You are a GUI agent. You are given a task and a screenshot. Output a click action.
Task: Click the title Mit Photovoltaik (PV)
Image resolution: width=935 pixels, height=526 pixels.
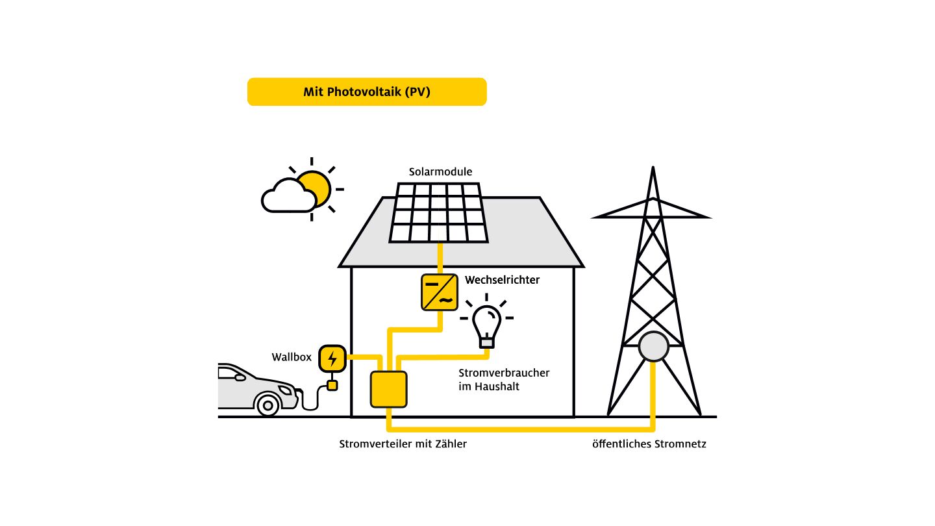coord(367,92)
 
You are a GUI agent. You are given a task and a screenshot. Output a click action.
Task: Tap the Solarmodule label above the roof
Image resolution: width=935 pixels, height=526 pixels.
coord(440,172)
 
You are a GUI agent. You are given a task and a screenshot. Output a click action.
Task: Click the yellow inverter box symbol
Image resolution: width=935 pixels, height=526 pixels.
coord(439,292)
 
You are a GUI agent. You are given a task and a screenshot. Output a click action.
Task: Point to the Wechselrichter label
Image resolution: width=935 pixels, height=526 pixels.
coord(502,281)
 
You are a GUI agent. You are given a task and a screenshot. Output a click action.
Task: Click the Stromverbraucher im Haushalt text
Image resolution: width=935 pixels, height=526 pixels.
coord(504,380)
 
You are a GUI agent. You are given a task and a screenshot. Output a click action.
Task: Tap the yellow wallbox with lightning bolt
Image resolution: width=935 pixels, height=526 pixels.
coord(332,358)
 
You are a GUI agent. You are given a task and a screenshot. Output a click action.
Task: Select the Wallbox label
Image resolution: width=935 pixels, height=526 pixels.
coord(292,357)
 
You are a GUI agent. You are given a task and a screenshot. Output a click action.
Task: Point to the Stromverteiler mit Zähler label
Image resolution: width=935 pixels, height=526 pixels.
coord(403,444)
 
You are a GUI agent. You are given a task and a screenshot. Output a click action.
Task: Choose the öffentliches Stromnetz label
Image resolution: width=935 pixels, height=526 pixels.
coord(649,444)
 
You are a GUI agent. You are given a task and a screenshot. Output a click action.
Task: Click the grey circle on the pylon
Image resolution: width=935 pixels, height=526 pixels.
coord(653,347)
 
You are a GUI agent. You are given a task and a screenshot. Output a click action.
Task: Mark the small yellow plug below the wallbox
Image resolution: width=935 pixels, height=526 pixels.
coord(332,386)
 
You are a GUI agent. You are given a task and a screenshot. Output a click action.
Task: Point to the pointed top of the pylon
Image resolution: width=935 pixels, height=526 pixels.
coord(653,170)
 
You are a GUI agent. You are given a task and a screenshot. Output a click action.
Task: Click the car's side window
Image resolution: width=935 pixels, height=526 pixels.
coord(233,374)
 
